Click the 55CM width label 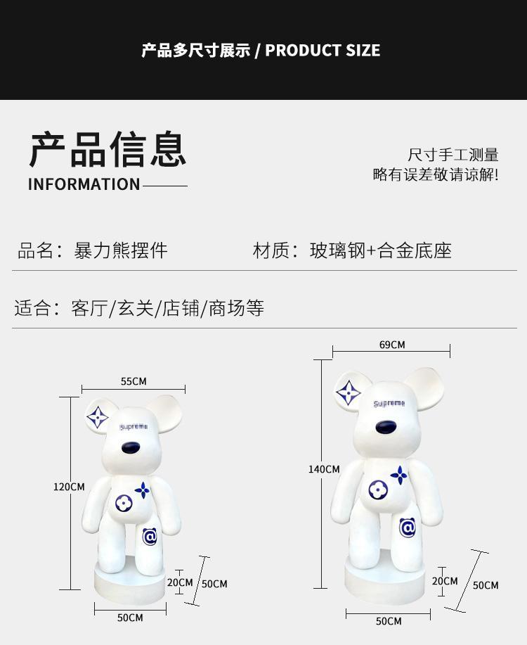click(134, 381)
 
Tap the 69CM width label click(392, 345)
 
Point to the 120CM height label click(69, 487)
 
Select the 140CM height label click(324, 469)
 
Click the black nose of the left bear click(131, 447)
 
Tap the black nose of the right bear click(386, 427)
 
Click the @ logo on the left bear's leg click(150, 537)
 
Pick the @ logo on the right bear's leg click(408, 528)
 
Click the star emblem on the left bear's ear click(98, 417)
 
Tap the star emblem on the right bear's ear click(349, 392)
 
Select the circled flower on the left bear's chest click(124, 503)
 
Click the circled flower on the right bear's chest click(378, 490)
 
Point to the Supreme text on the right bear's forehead click(389, 404)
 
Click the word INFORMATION click(84, 184)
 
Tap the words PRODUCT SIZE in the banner click(323, 50)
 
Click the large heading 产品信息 click(108, 149)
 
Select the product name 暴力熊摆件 click(121, 250)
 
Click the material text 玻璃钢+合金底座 click(381, 250)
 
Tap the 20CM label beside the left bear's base click(180, 582)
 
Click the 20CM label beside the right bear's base click(445, 581)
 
